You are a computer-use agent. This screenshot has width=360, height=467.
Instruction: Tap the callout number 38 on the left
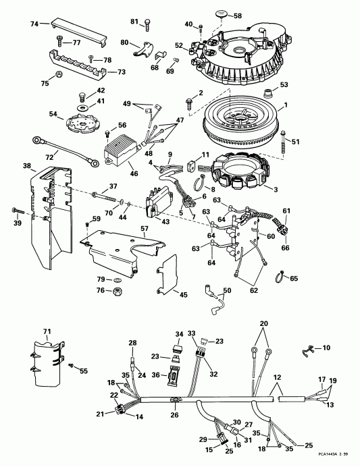(26, 165)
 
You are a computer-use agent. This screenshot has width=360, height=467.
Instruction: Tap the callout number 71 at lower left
(47, 331)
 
